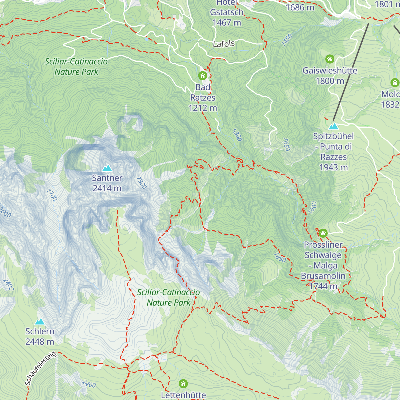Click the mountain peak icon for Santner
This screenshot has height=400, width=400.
coord(107,168)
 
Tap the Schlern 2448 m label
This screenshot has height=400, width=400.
coord(40,336)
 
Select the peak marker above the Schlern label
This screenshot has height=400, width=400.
coord(40,322)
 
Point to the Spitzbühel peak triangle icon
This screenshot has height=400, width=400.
coord(333,126)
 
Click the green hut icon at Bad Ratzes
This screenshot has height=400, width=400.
coord(203,76)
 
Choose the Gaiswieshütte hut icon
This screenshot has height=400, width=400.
coord(330,59)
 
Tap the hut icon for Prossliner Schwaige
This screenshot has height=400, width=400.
coord(323,233)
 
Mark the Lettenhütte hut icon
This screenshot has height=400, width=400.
coord(183,384)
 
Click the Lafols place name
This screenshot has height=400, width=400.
coord(224,44)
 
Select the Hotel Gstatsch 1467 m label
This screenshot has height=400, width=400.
coord(227,13)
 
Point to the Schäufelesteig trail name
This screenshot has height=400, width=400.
coord(40,369)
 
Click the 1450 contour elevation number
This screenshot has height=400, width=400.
coord(287,40)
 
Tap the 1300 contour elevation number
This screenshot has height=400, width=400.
coord(237,135)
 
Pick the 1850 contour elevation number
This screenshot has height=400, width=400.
coord(280,257)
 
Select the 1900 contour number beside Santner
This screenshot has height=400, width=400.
coord(141,183)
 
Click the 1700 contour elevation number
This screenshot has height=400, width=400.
coord(52,195)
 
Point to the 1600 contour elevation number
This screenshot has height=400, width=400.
coord(312,207)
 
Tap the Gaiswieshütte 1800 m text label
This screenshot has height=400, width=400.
coord(330,76)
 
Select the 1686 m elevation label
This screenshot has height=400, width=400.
coord(300,7)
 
